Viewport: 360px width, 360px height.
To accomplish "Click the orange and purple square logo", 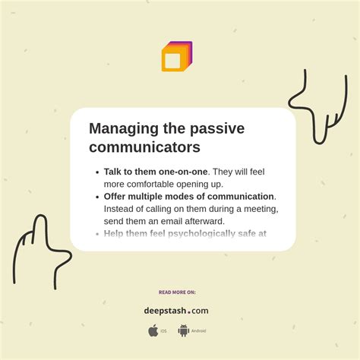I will [176, 57].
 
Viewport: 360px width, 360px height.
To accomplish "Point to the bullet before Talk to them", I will [97, 172].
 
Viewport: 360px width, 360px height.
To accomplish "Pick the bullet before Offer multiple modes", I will [97, 197].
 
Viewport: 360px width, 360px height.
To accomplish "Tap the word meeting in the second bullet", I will [257, 208].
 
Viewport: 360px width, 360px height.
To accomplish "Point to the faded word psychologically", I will [192, 233].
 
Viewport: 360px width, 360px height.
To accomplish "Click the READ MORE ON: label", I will [176, 292].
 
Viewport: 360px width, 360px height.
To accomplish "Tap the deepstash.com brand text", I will [176, 310].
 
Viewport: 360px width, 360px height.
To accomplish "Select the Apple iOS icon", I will [153, 330].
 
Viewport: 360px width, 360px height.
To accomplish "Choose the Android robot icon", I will [183, 330].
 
